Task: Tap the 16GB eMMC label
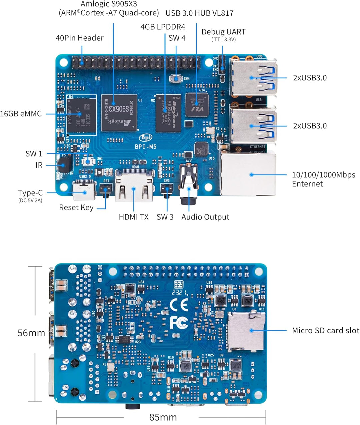(21, 114)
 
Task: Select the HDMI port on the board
(134, 189)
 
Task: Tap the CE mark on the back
(179, 305)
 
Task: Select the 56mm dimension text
(31, 333)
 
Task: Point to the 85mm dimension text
(163, 417)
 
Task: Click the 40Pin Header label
(79, 38)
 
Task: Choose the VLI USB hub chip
(197, 105)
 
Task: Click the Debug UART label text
(223, 32)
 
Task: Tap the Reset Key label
(76, 207)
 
